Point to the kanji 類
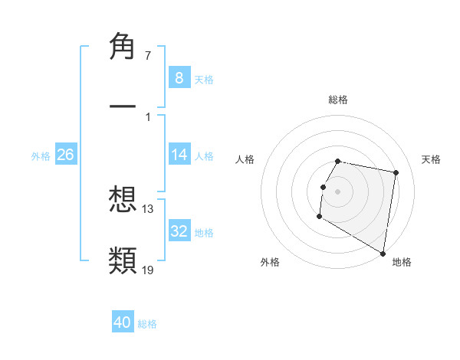(x=123, y=260)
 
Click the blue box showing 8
(x=179, y=77)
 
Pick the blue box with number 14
(x=179, y=155)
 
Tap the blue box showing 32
(x=179, y=231)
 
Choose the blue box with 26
(x=65, y=155)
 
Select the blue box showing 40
(x=123, y=322)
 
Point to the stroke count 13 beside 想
(x=148, y=209)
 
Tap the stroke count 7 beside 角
(x=147, y=56)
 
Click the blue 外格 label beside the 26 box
(x=41, y=155)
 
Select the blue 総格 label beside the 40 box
(x=147, y=324)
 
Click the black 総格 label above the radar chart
(x=338, y=100)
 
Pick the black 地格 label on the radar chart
(x=402, y=262)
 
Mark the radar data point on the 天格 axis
(x=396, y=173)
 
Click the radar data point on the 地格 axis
(x=383, y=254)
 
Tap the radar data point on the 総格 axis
(x=338, y=162)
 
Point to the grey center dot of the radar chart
(x=338, y=191)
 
